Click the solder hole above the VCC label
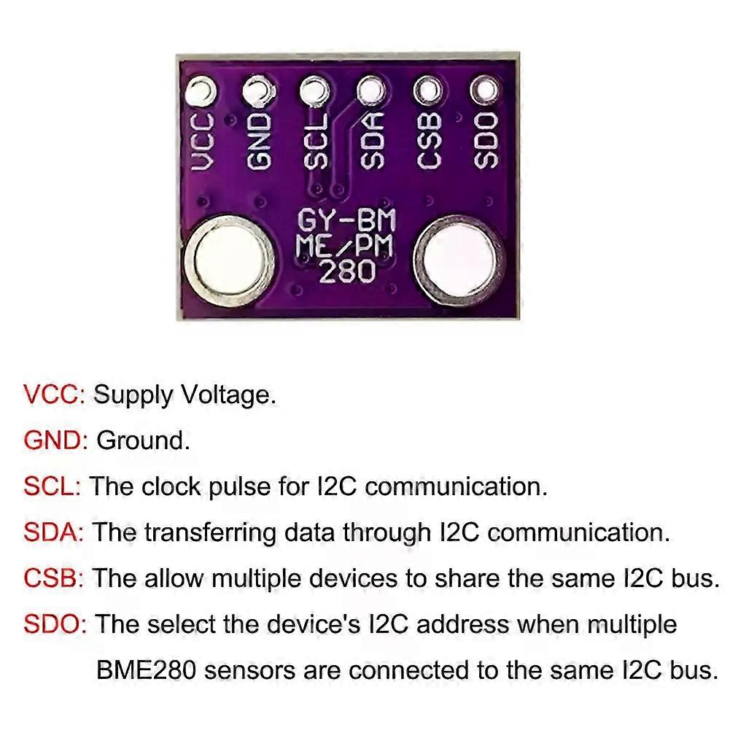(x=201, y=91)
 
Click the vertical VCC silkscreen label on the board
(x=203, y=142)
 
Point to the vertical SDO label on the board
(x=486, y=140)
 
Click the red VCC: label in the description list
(x=55, y=395)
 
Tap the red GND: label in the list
(x=56, y=440)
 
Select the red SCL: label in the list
(x=53, y=486)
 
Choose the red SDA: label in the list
(x=55, y=532)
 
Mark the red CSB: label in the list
(x=55, y=578)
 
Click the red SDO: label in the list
(x=55, y=624)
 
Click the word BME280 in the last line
(x=146, y=669)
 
